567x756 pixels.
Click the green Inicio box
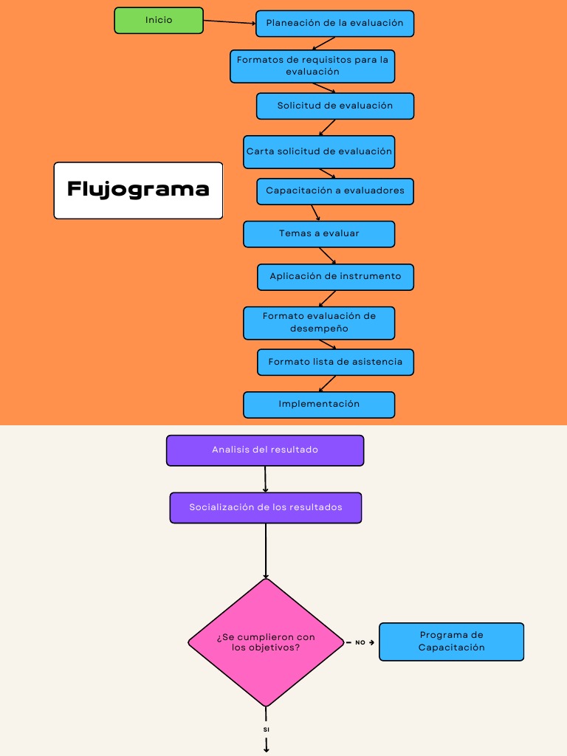point(159,21)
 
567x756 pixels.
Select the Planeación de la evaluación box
point(334,24)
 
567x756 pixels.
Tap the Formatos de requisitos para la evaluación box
point(312,66)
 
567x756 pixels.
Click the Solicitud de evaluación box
point(334,106)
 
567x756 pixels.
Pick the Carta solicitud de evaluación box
point(319,151)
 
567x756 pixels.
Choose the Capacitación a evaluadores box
point(334,191)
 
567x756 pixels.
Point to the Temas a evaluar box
point(319,234)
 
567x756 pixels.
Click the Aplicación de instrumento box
point(335,277)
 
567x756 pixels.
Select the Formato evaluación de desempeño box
point(319,323)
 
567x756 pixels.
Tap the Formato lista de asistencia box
point(335,362)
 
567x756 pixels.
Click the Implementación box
point(319,405)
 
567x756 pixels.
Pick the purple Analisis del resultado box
point(265,450)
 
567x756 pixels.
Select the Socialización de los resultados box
point(266,508)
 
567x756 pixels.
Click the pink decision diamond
point(266,642)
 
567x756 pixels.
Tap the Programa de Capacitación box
point(451,642)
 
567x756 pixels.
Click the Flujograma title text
point(138,190)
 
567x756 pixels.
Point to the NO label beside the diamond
point(360,643)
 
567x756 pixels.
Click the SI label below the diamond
point(267,729)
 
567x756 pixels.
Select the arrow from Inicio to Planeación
point(229,22)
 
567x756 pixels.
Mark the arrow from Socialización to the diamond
point(266,551)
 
